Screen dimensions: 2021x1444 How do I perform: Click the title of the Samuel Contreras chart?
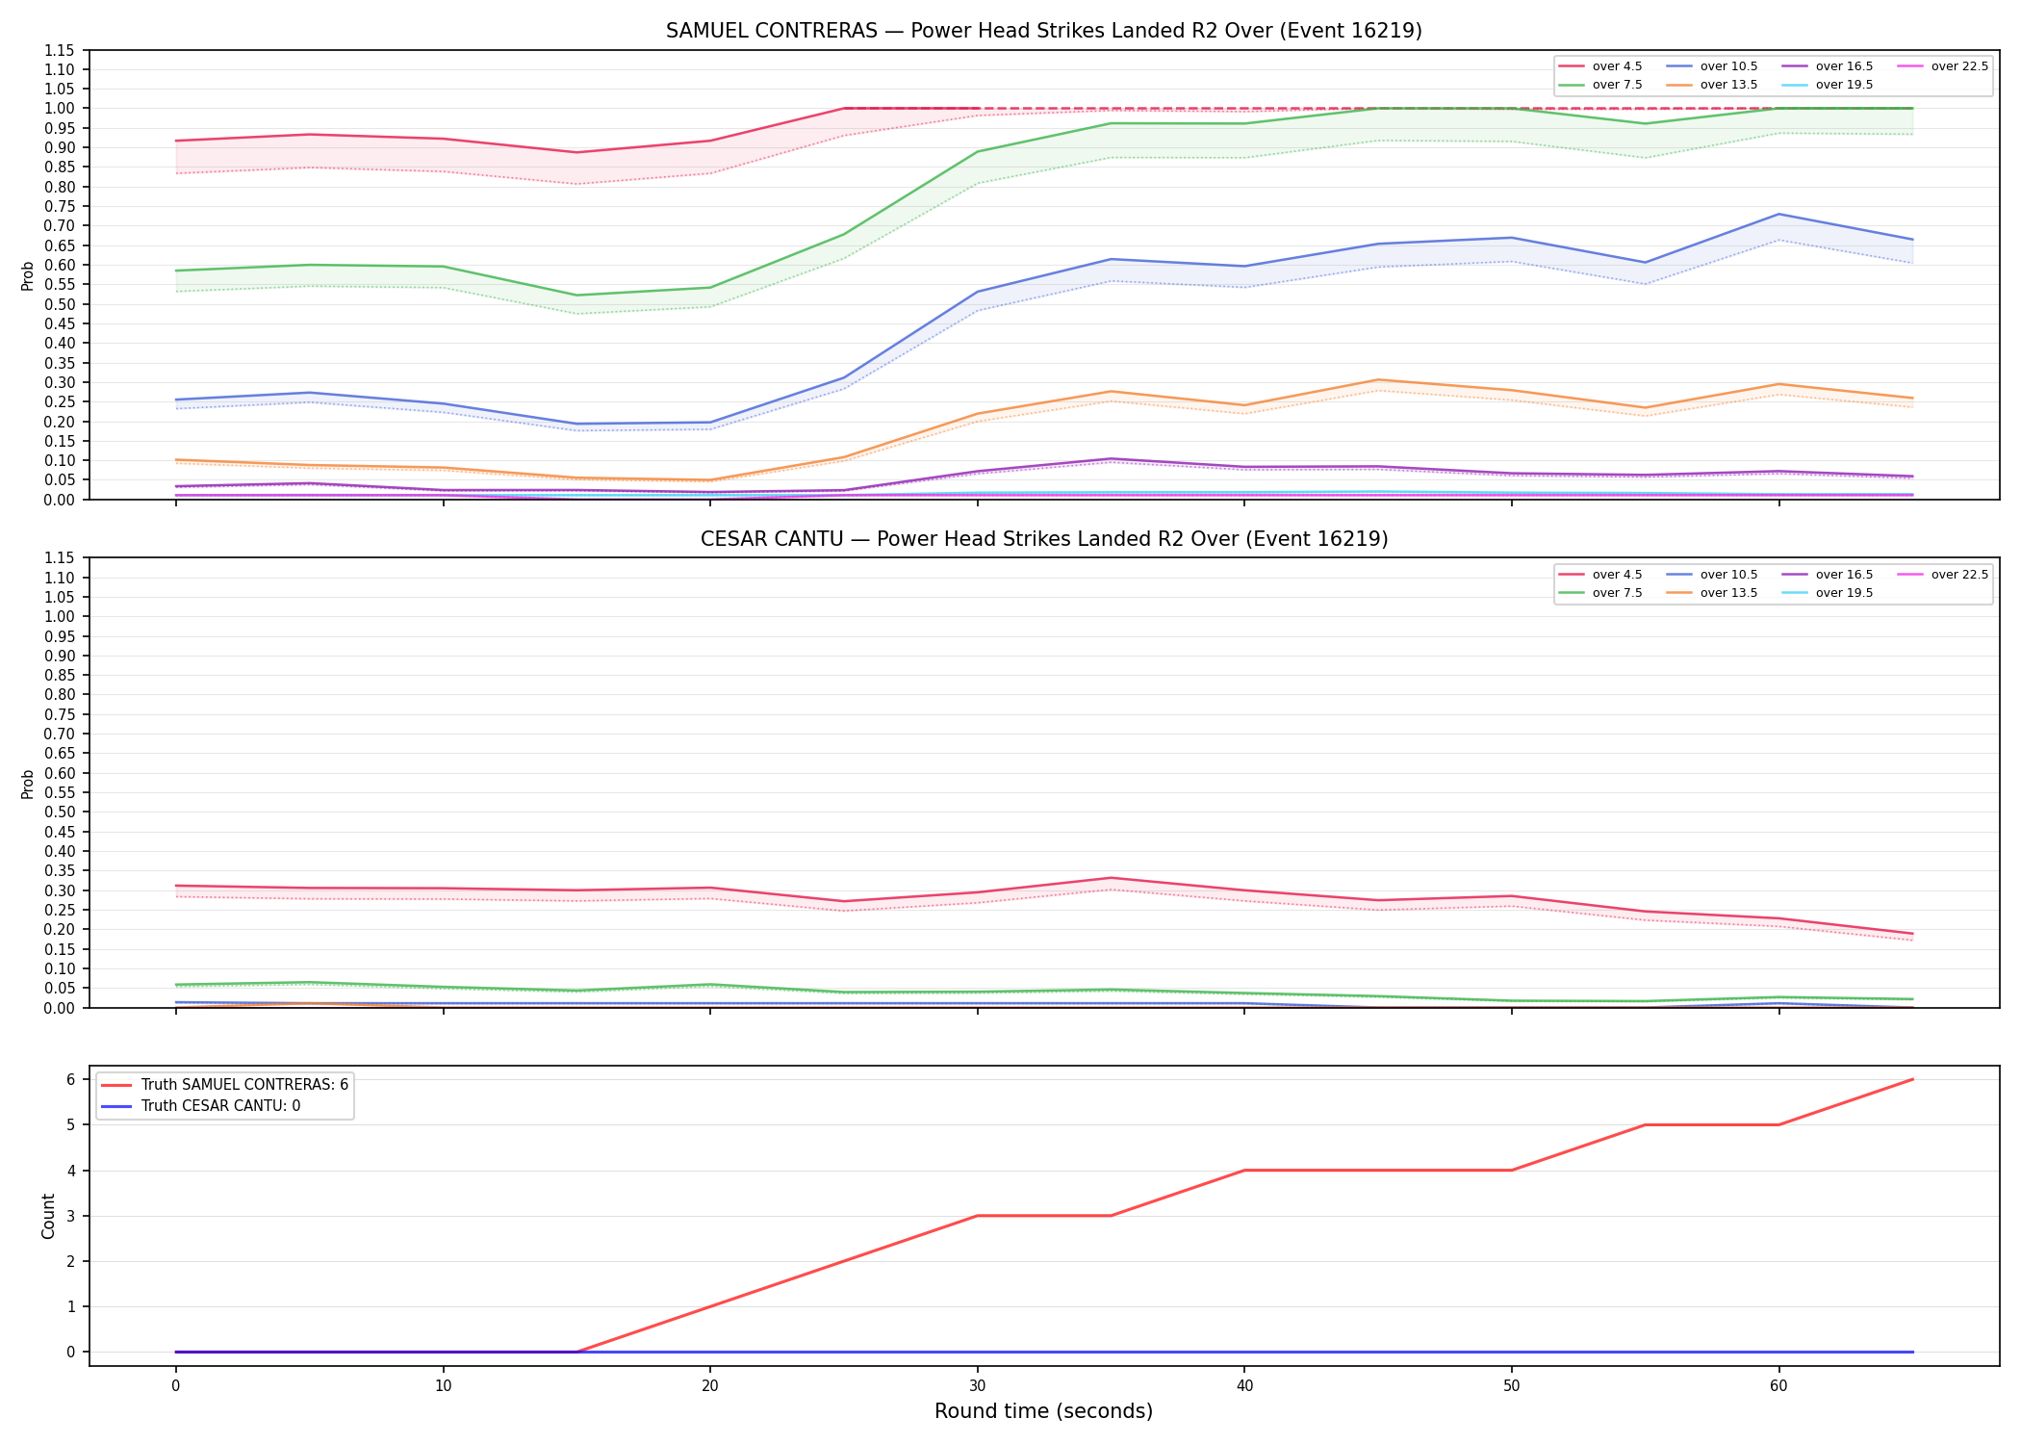1044,31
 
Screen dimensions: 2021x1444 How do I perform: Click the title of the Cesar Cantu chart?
1044,539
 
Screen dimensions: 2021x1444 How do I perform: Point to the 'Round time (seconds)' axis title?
1043,1411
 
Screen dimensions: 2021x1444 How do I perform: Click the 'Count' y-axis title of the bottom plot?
48,1216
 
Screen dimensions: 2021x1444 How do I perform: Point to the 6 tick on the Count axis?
71,1079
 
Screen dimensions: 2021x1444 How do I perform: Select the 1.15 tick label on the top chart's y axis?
60,50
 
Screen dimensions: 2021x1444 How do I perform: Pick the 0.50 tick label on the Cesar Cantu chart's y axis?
60,812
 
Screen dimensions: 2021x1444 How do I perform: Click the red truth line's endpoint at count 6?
1912,1079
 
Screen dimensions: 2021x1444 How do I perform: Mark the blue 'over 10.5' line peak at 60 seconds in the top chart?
1778,214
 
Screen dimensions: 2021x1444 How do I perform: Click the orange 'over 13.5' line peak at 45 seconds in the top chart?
1378,379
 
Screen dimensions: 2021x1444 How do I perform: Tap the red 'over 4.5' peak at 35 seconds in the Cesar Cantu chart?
1111,878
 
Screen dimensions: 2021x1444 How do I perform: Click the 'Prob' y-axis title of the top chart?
28,275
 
